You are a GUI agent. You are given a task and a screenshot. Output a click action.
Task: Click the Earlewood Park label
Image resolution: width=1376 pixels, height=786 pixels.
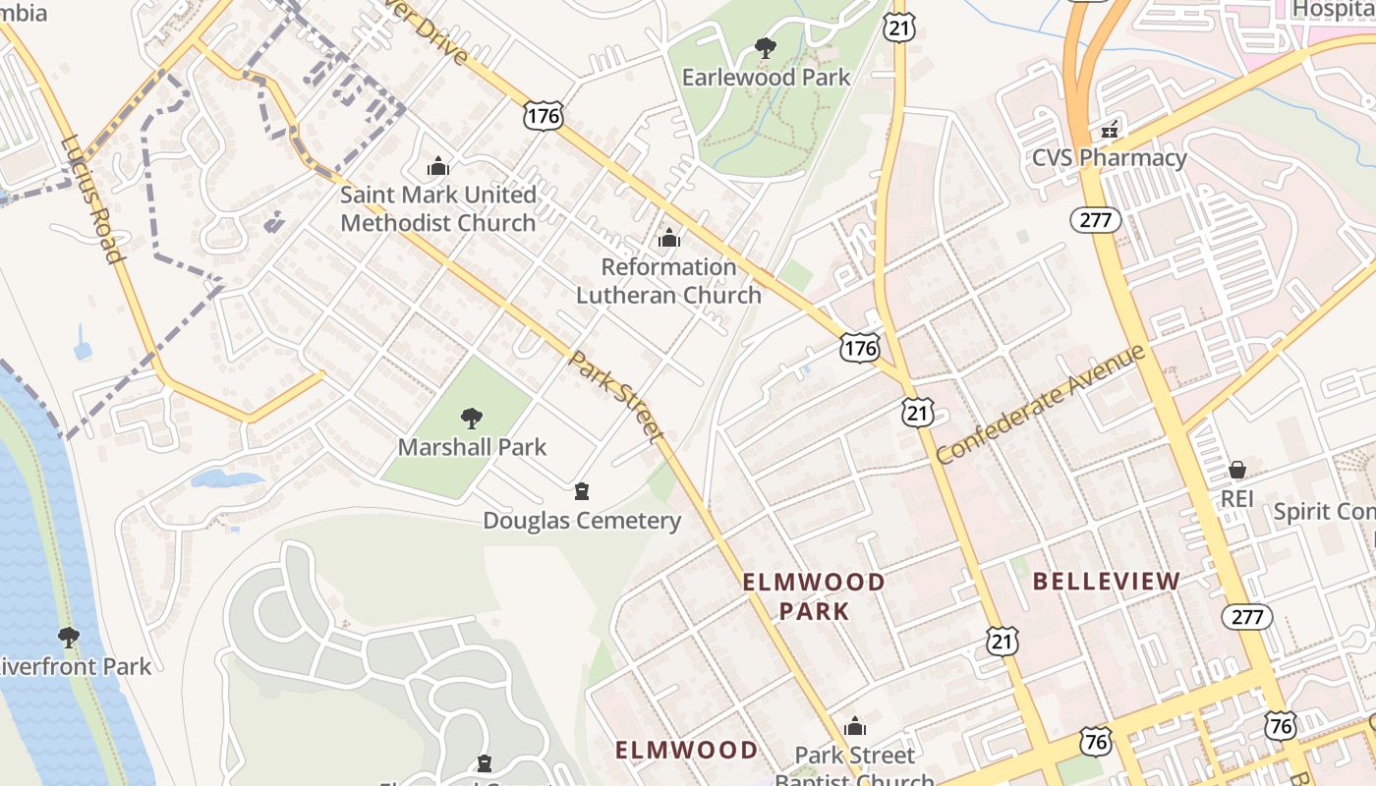click(766, 77)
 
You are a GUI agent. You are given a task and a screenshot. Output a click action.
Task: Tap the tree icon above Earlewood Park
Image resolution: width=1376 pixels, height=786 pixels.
click(765, 47)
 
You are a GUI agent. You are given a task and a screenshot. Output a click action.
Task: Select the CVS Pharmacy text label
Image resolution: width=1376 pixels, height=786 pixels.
click(1109, 157)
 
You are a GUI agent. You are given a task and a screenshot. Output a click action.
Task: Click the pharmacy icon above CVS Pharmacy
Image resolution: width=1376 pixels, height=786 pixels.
click(1110, 129)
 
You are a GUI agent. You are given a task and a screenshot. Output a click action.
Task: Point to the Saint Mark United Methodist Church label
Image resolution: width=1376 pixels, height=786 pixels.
click(438, 208)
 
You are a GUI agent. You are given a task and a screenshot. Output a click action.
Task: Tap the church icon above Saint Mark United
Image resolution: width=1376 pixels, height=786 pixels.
click(438, 166)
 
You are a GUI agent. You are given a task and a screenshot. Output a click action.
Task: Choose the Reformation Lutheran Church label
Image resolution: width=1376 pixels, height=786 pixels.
click(668, 281)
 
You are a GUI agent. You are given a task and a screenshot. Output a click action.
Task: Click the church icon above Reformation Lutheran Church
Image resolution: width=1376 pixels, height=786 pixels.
click(669, 238)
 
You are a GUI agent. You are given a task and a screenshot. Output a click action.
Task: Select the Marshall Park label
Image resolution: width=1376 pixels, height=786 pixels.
click(472, 447)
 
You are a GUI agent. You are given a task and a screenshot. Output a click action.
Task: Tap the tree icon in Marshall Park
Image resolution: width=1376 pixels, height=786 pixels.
click(472, 419)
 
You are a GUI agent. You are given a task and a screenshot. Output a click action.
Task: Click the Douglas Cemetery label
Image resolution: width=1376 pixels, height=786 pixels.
click(582, 521)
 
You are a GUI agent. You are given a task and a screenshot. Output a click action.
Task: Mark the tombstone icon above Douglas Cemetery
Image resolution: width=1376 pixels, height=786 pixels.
click(582, 491)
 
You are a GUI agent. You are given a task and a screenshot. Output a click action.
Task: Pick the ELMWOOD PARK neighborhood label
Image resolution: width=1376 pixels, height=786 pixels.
click(813, 596)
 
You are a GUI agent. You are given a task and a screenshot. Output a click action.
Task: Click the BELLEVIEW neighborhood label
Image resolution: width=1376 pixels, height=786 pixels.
click(1106, 582)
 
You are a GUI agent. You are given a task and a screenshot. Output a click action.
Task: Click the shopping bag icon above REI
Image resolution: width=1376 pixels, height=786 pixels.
click(1236, 471)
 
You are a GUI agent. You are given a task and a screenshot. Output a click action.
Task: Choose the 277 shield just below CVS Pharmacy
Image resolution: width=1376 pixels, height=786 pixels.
click(1095, 220)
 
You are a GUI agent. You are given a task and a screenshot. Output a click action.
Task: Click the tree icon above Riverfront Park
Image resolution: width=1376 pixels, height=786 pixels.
click(68, 638)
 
